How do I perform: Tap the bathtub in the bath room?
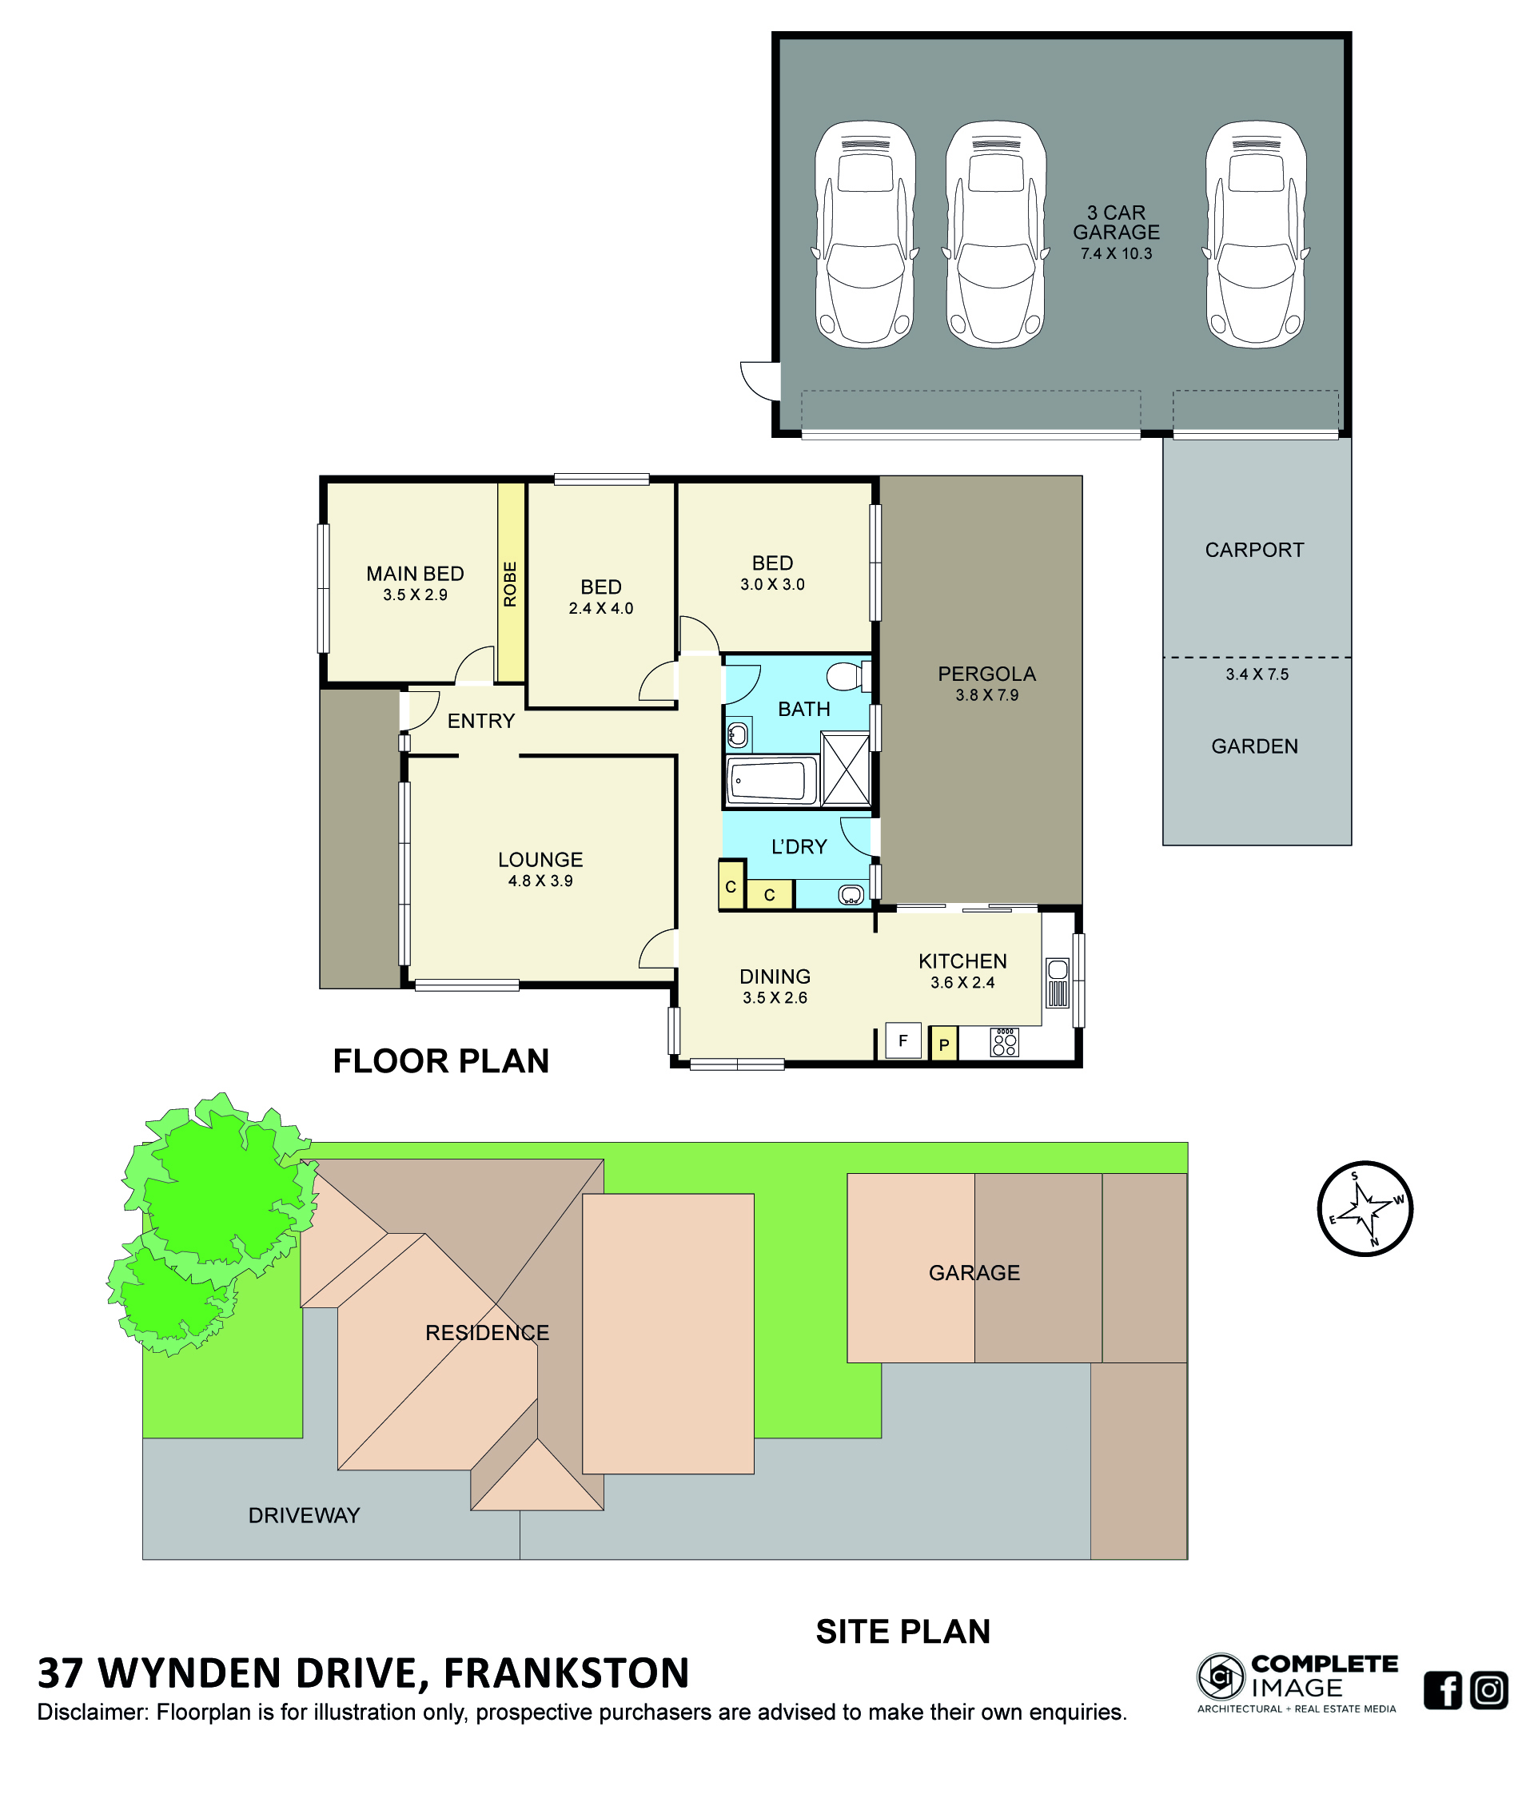[772, 779]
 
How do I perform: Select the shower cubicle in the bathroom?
[844, 769]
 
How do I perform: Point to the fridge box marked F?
[902, 1040]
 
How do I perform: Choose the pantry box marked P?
[943, 1044]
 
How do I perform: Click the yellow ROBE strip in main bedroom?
[510, 582]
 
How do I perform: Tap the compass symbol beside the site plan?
[1365, 1207]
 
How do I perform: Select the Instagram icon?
[1488, 1689]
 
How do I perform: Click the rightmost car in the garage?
[1255, 234]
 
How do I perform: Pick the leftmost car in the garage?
[864, 234]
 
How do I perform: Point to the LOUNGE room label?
[540, 859]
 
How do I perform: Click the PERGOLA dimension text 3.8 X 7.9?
[986, 694]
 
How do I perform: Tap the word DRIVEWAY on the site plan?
[304, 1514]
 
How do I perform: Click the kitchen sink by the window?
[1058, 982]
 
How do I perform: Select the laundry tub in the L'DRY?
[851, 893]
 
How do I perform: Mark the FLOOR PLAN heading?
[440, 1060]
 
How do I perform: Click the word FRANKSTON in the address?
[566, 1672]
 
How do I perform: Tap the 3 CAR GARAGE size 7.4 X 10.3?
[1115, 253]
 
